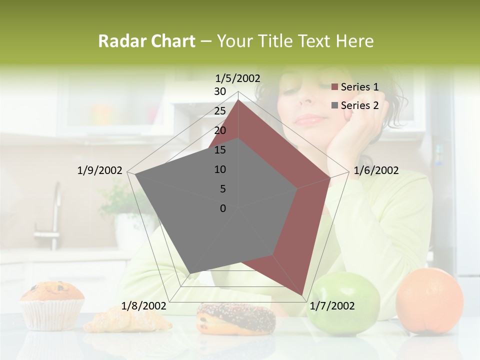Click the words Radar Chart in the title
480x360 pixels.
coord(146,41)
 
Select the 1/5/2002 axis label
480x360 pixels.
coord(237,78)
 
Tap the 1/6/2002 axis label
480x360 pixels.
coord(376,170)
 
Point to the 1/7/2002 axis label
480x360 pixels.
coord(332,306)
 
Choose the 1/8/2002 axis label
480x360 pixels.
coord(144,306)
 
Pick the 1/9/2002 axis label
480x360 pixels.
coord(99,170)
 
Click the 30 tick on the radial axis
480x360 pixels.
coord(220,91)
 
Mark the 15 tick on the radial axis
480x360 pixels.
coord(220,150)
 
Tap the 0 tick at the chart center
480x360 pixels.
coord(223,208)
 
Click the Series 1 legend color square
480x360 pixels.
coord(335,87)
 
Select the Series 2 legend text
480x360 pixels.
coord(359,105)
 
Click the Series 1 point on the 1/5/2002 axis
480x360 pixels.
coord(238,100)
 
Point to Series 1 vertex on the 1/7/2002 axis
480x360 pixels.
coord(302,295)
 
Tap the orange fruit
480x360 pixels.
coord(429,299)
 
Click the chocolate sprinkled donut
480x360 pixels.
coord(236,318)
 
